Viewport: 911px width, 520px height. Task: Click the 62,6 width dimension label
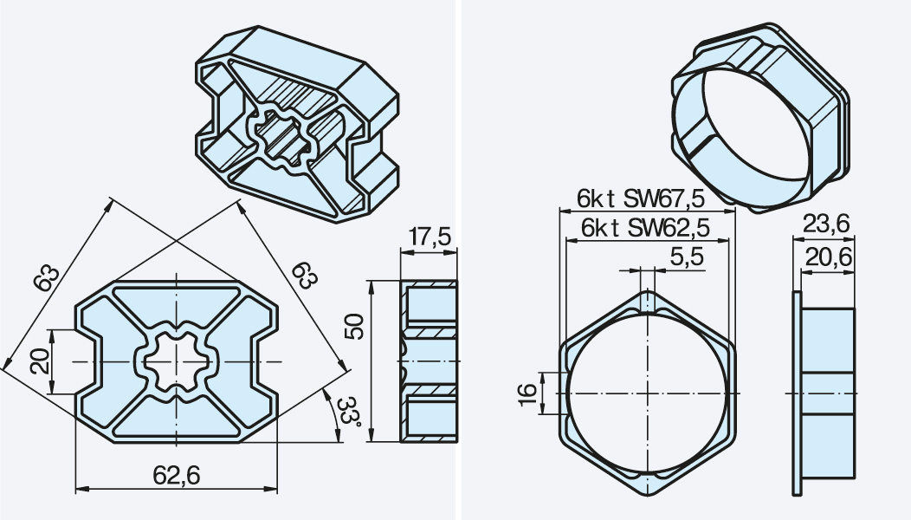(x=176, y=476)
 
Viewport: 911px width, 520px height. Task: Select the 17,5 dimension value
(x=429, y=237)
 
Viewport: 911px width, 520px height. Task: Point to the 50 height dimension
(x=354, y=327)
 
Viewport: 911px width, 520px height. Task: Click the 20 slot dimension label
(x=41, y=361)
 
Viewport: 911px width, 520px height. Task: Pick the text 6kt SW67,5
(x=640, y=198)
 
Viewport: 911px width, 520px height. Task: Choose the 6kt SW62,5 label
(x=645, y=227)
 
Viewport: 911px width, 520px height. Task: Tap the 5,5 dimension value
(x=686, y=257)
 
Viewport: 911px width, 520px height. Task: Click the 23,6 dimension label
(x=825, y=224)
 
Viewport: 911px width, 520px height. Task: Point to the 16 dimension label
(x=527, y=393)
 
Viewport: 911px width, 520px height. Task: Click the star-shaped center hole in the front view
(x=176, y=361)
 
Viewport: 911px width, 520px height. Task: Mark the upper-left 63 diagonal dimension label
(x=47, y=278)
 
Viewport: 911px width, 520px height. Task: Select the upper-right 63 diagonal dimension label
(x=305, y=275)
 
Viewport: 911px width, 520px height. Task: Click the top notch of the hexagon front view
(x=647, y=302)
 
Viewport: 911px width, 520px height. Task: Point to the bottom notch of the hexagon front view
(x=647, y=484)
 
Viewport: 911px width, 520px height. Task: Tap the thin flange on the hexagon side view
(x=797, y=393)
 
